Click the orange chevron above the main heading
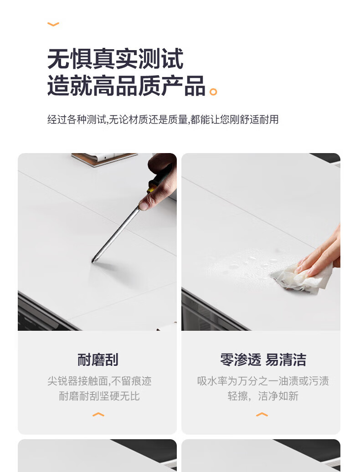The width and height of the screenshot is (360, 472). click(x=53, y=24)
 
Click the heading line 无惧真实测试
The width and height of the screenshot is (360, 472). click(x=115, y=59)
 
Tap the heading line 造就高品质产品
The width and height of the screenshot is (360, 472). click(x=126, y=86)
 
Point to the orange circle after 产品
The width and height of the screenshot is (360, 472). click(x=213, y=92)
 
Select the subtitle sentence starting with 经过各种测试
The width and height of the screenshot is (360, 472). click(x=163, y=119)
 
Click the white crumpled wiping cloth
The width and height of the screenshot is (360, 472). click(x=301, y=278)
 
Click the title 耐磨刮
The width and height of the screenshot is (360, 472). click(x=98, y=360)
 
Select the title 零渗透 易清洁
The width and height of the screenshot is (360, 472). click(x=263, y=360)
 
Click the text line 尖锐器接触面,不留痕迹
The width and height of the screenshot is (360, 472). click(x=99, y=381)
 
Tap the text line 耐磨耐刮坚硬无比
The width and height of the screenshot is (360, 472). click(x=99, y=396)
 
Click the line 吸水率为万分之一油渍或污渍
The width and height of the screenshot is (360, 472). click(x=263, y=381)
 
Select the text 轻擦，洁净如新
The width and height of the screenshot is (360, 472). click(x=263, y=396)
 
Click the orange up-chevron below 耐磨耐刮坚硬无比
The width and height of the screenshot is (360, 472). click(x=98, y=415)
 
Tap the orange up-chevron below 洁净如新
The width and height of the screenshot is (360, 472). click(x=262, y=415)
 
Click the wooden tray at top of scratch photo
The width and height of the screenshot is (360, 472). click(x=104, y=159)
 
